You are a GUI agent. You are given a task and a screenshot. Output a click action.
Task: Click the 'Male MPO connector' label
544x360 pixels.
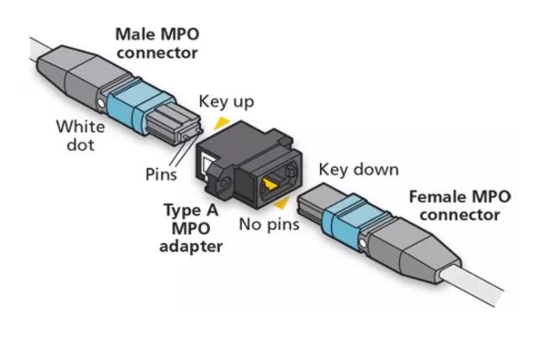(157, 44)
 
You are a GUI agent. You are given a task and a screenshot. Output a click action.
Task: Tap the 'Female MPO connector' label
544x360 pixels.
(460, 206)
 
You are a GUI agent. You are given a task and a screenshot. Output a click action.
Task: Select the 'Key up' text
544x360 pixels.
(226, 102)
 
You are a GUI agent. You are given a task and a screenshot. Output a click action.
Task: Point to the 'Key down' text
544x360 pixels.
(358, 170)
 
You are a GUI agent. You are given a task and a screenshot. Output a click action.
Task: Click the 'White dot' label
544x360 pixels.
(81, 136)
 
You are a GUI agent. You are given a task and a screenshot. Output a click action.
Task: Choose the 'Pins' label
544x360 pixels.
(161, 174)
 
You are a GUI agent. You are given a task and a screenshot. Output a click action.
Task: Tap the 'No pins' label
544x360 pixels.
(269, 224)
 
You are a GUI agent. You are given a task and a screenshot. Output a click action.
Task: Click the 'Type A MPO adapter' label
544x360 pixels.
(191, 228)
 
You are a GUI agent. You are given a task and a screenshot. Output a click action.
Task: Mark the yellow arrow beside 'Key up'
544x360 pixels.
(222, 123)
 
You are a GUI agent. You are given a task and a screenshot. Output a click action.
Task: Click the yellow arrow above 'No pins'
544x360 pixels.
(282, 203)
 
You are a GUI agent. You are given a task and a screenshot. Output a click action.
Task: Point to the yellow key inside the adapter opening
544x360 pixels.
(269, 184)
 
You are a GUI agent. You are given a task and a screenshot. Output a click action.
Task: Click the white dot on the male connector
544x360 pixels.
(101, 103)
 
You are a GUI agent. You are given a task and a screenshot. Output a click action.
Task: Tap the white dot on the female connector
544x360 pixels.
(363, 243)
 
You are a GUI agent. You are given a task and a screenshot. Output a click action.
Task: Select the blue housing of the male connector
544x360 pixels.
(139, 106)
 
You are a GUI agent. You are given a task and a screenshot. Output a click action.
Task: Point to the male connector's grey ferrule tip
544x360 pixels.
(174, 125)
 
